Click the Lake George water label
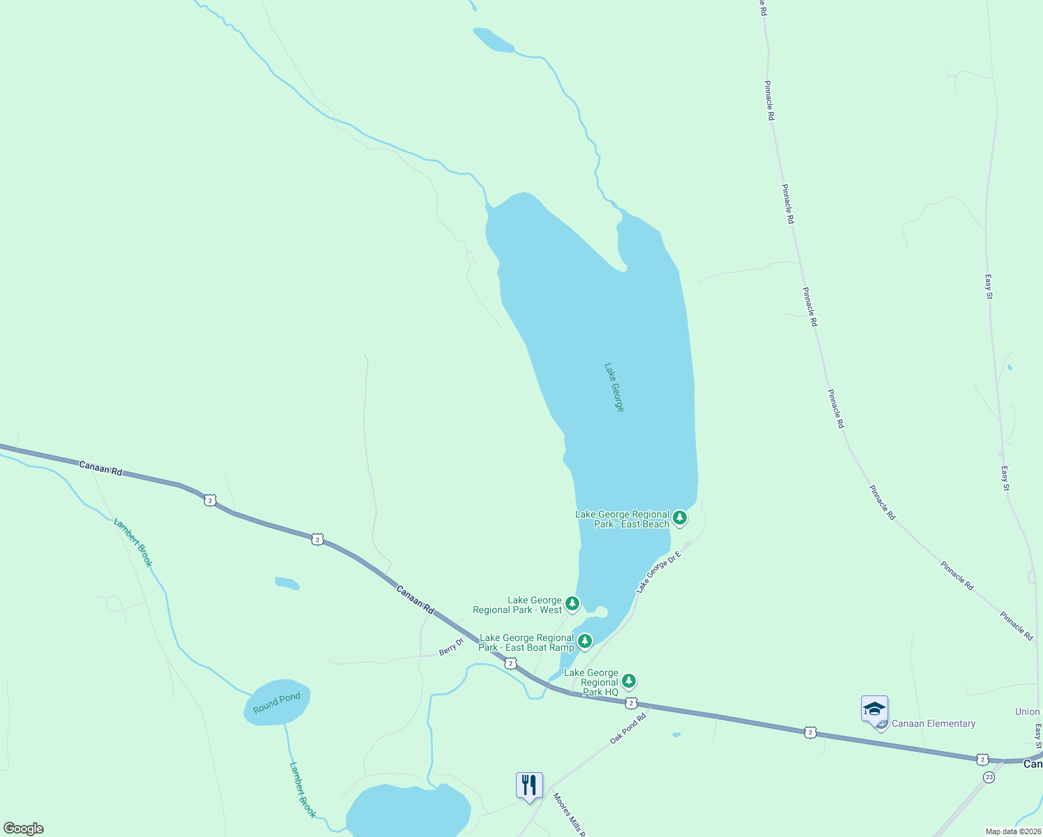614,387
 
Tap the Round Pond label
277,702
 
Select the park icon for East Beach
680,518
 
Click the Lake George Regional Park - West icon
572,603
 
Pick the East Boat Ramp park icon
585,641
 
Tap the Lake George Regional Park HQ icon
629,681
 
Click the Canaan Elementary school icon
874,710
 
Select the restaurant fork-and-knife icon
529,785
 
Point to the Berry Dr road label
451,647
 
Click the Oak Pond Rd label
629,727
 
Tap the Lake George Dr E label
657,572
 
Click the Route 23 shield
989,777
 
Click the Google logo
24,829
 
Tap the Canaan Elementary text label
934,723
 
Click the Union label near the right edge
1027,711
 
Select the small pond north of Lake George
493,40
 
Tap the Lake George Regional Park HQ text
591,682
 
